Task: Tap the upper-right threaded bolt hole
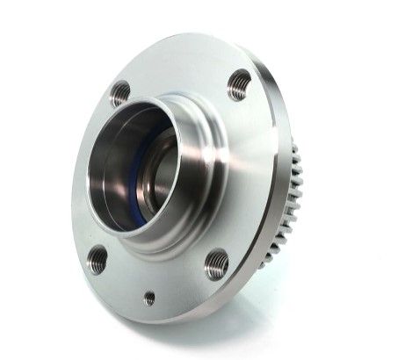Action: [x=239, y=84]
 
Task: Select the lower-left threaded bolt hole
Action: [x=97, y=259]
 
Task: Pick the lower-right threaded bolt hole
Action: [x=216, y=263]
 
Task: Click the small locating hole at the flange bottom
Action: [x=149, y=299]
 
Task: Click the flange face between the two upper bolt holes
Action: [x=180, y=70]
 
